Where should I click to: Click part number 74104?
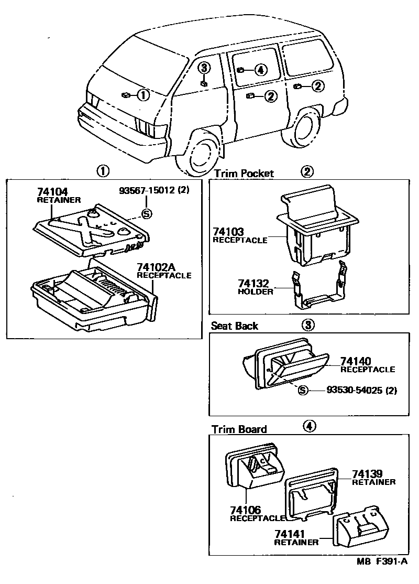tap(52, 192)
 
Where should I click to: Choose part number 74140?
tap(356, 361)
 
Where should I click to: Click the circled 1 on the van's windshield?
tap(143, 95)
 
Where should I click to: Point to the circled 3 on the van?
tap(205, 68)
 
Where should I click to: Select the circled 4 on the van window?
tap(260, 70)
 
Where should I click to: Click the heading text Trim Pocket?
tap(244, 173)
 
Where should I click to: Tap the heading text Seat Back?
tap(235, 326)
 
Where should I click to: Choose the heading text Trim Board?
tap(239, 429)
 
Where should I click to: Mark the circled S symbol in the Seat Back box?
tap(302, 390)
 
